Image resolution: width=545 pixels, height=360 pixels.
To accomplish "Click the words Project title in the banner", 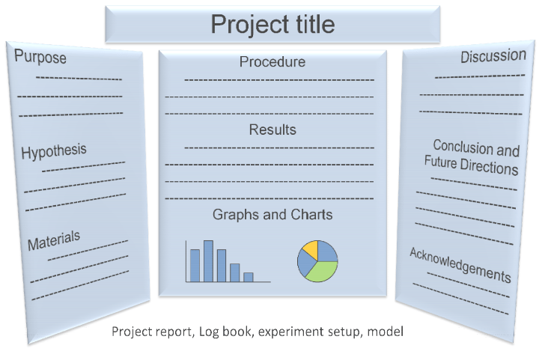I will coord(272,24).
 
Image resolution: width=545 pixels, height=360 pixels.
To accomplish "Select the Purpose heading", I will coord(40,57).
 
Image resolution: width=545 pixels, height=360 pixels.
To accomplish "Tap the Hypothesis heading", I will coord(54,151).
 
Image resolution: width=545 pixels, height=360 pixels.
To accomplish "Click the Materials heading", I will coord(54,242).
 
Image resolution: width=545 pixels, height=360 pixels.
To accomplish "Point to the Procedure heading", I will coord(272,62).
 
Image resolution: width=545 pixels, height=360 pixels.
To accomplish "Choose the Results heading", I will coord(272,129).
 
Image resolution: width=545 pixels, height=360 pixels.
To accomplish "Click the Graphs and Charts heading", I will coord(272,215).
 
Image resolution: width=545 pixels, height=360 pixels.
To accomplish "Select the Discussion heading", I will coord(493,56).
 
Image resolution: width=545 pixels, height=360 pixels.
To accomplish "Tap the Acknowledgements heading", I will coord(460,264).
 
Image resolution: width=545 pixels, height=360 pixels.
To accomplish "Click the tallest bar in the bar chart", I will coord(208,260).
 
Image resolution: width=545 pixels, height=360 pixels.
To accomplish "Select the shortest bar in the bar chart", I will coord(249,276).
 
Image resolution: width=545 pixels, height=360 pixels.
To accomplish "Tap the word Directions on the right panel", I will coord(492,167).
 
